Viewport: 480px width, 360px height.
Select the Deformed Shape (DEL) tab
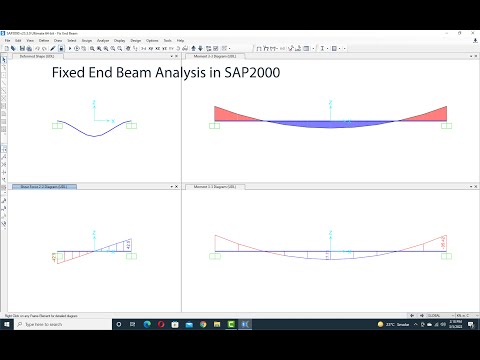pos(38,57)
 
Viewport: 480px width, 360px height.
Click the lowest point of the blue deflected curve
pos(95,135)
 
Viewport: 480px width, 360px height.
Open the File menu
pos(8,41)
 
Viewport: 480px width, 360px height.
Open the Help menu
pos(180,41)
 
